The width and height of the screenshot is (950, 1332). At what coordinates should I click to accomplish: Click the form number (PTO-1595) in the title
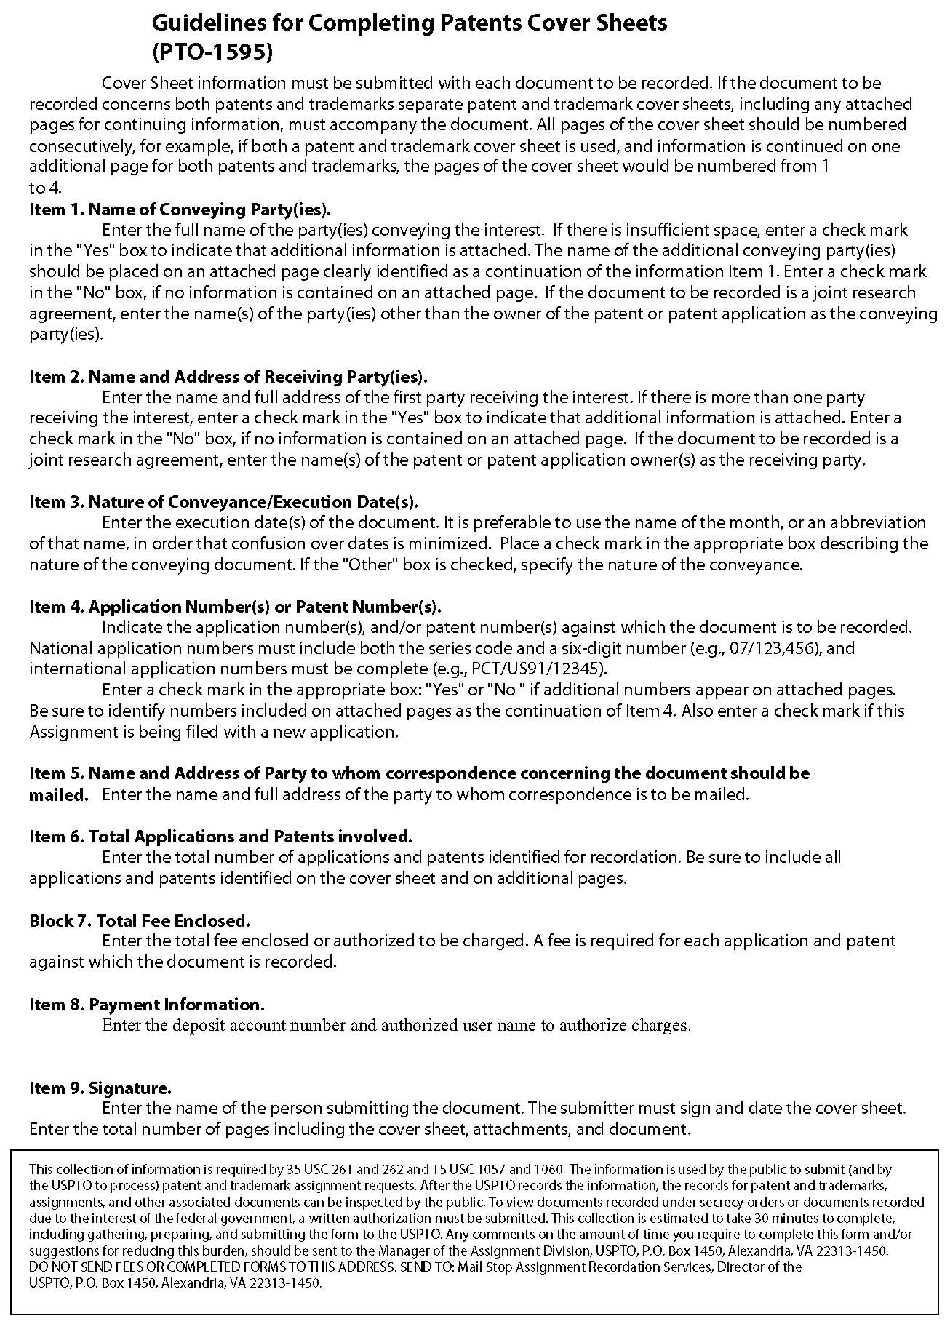(212, 52)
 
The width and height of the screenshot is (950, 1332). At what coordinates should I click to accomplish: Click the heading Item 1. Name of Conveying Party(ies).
(180, 210)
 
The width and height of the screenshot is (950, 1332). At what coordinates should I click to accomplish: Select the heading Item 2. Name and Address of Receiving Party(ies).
(228, 377)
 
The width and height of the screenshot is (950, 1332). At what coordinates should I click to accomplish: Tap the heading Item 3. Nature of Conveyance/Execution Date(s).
(223, 502)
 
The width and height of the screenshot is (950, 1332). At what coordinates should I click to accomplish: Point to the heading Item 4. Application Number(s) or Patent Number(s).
(235, 607)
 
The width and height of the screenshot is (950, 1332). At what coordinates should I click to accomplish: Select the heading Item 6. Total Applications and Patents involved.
(220, 837)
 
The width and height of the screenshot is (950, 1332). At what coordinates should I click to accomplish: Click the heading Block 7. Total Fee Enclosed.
(140, 920)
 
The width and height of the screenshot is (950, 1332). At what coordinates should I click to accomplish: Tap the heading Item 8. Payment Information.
(146, 1005)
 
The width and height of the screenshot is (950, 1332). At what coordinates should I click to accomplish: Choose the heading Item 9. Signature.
(100, 1088)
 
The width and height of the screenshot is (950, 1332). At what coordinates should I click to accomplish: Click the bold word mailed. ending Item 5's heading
(58, 795)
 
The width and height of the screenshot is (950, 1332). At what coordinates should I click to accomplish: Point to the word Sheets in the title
(629, 23)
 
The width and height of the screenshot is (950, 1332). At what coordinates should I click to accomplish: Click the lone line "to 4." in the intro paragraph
(45, 188)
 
